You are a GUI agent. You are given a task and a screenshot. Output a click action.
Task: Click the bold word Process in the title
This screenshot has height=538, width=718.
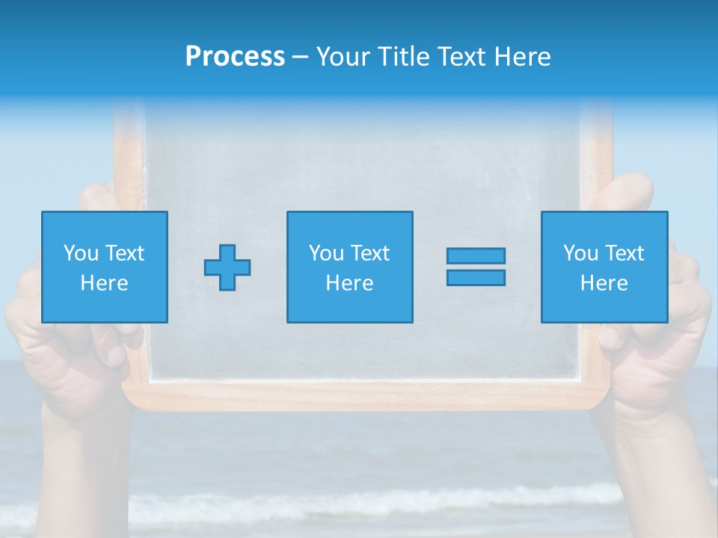pos(235,57)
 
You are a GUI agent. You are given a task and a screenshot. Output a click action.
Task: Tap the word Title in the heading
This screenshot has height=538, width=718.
pos(404,57)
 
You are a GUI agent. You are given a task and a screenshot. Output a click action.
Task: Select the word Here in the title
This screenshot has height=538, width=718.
pos(521,57)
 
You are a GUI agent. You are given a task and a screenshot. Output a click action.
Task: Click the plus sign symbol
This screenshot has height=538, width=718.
pos(227,268)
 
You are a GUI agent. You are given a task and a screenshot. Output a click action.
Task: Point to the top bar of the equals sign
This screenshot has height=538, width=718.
pos(476,256)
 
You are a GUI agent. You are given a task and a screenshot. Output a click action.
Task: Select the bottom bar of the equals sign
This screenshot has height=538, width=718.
pos(476,277)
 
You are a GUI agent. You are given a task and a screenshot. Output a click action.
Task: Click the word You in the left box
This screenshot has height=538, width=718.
pos(81,253)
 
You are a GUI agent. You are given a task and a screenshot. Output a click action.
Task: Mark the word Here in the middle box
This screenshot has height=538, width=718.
pos(349,283)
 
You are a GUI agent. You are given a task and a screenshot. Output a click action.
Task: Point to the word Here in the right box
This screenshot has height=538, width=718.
pos(604,283)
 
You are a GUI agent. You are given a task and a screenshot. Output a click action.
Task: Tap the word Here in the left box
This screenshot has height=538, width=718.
pos(105,283)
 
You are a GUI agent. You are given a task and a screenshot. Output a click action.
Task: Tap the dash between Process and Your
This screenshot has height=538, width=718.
pos(300,58)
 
